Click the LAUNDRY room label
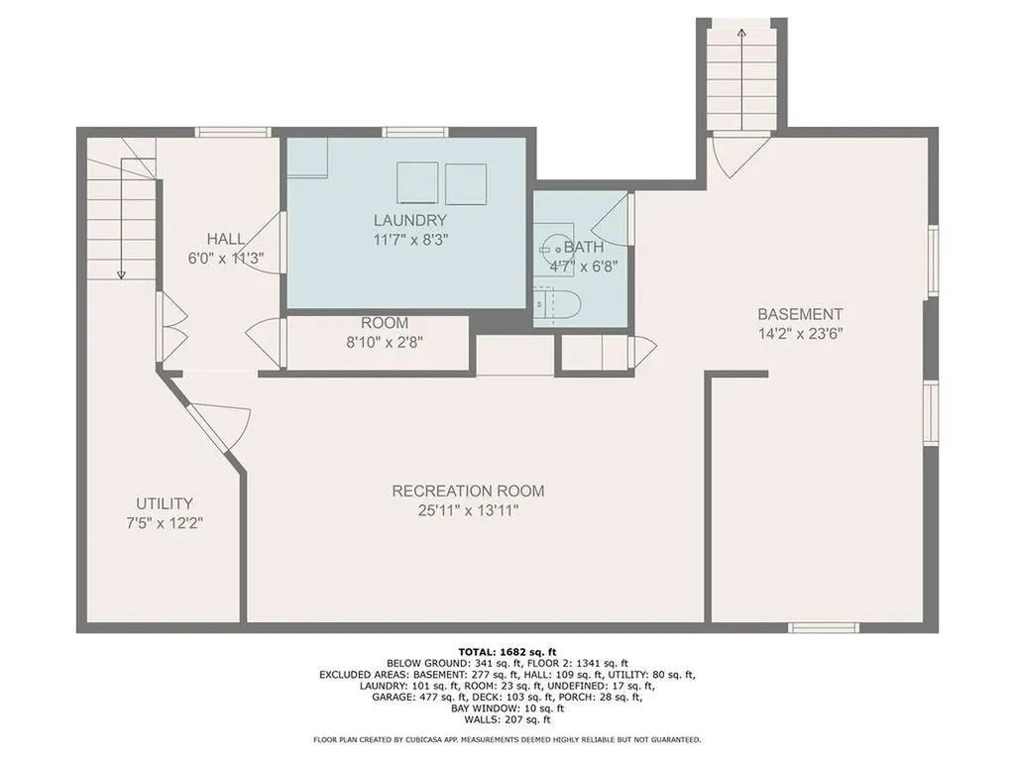coord(409,220)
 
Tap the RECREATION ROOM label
coord(468,490)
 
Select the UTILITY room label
coord(165,503)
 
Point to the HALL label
coord(226,239)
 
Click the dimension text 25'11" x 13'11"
coord(468,511)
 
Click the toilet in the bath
coord(548,300)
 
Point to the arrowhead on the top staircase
coord(741,35)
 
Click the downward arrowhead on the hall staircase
coord(120,273)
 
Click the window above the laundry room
coord(415,132)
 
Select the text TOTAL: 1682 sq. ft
coord(507,650)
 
